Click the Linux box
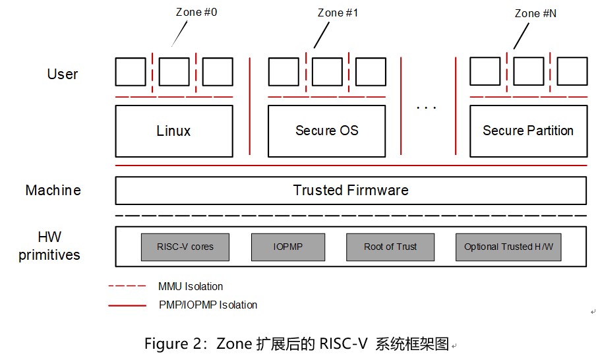click(174, 131)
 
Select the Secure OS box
click(326, 131)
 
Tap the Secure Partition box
click(528, 131)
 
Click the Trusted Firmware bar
click(351, 191)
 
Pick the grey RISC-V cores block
click(185, 247)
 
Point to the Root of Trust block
click(390, 247)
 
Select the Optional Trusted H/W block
click(508, 247)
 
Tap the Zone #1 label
click(338, 13)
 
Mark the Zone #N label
click(535, 13)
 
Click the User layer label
click(63, 74)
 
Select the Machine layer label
click(53, 191)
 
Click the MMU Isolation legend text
click(191, 287)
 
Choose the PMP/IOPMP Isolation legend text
click(208, 305)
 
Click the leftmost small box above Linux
click(131, 72)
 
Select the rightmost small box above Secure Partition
click(572, 71)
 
